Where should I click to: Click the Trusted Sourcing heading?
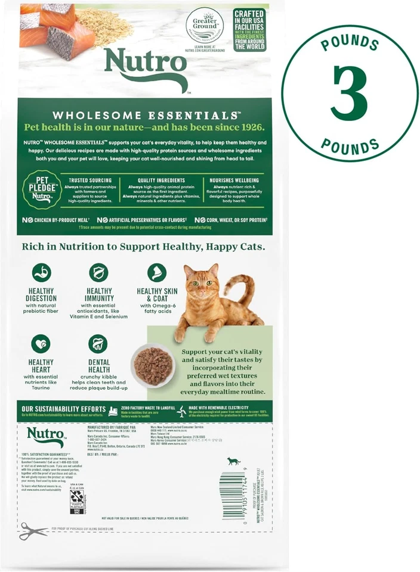91,181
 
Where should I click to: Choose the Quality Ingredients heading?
161,181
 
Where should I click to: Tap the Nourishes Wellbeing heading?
234,181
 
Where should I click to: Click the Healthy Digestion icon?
41,272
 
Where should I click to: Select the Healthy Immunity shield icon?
98,272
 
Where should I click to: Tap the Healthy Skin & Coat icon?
156,272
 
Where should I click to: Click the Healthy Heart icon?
41,344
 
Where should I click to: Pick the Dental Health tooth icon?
98,344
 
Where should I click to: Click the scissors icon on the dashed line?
33,530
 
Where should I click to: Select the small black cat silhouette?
233,461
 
